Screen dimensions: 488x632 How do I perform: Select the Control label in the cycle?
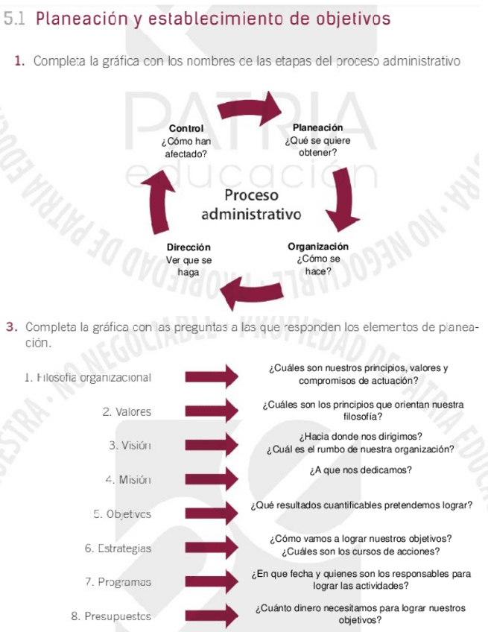point(186,130)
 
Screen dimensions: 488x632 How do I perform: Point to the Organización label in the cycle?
point(318,246)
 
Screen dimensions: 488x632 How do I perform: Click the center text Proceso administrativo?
point(251,205)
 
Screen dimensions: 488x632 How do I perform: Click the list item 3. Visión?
point(130,446)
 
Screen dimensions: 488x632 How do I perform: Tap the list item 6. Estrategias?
point(118,549)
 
